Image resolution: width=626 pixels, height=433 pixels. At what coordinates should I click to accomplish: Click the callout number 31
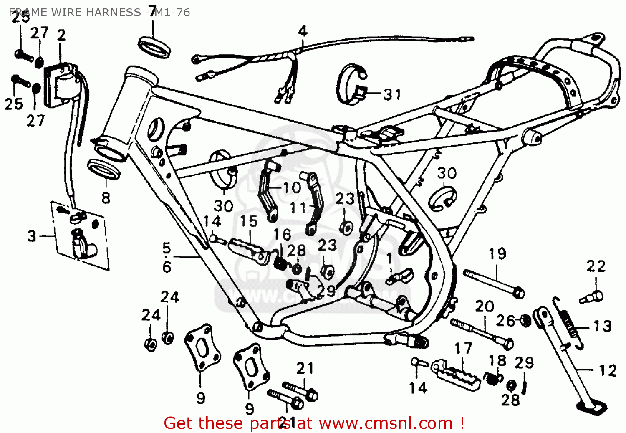pyautogui.click(x=392, y=95)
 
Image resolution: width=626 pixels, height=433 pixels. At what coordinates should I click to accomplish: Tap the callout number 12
pyautogui.click(x=608, y=370)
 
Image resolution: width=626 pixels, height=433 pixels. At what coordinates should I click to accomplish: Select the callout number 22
pyautogui.click(x=596, y=266)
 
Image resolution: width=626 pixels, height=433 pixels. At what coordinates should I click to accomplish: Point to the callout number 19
pyautogui.click(x=497, y=253)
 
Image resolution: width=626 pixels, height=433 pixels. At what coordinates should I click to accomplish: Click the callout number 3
pyautogui.click(x=32, y=236)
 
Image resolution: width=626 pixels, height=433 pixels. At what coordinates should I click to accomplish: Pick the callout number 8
pyautogui.click(x=106, y=198)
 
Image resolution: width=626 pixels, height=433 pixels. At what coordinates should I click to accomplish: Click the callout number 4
pyautogui.click(x=303, y=31)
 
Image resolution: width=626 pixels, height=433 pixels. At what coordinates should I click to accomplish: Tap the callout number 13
pyautogui.click(x=603, y=326)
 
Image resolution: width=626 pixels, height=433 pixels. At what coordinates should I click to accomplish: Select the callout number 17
pyautogui.click(x=463, y=348)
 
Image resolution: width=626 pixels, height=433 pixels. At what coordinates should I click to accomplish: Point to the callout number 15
pyautogui.click(x=249, y=221)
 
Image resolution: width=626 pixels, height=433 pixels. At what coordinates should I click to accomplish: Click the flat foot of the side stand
pyautogui.click(x=592, y=406)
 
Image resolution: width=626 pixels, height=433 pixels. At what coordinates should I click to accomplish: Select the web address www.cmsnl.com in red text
pyautogui.click(x=386, y=423)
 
